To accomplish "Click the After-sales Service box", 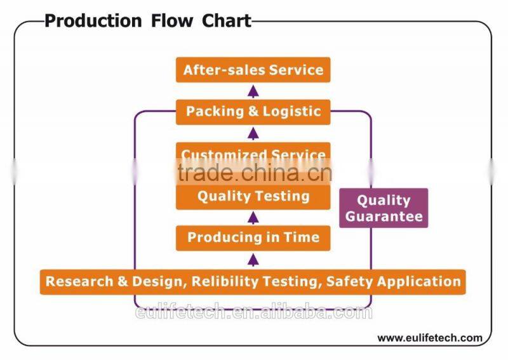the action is [x=253, y=70].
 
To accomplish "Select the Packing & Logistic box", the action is [x=253, y=112].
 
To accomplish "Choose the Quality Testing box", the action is [x=253, y=197].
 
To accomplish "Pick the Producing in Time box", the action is [x=253, y=238].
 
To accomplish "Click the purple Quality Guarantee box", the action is [x=384, y=208].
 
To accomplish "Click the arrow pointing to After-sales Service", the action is [x=253, y=91].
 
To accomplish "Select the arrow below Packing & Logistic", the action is [x=253, y=133].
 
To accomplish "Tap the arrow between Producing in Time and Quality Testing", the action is [x=253, y=218].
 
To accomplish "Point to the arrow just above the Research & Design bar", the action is [x=253, y=260].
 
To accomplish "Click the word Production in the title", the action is [x=93, y=21].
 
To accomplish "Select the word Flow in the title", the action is [x=172, y=21].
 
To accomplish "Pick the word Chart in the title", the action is [x=227, y=21].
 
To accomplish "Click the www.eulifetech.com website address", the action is [x=430, y=338].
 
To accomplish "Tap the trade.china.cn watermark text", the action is [x=255, y=173].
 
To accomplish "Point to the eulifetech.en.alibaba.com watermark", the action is [x=253, y=312].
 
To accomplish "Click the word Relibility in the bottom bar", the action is [x=225, y=281].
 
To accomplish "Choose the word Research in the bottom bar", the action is [x=79, y=281].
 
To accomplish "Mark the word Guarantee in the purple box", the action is [x=384, y=216].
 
